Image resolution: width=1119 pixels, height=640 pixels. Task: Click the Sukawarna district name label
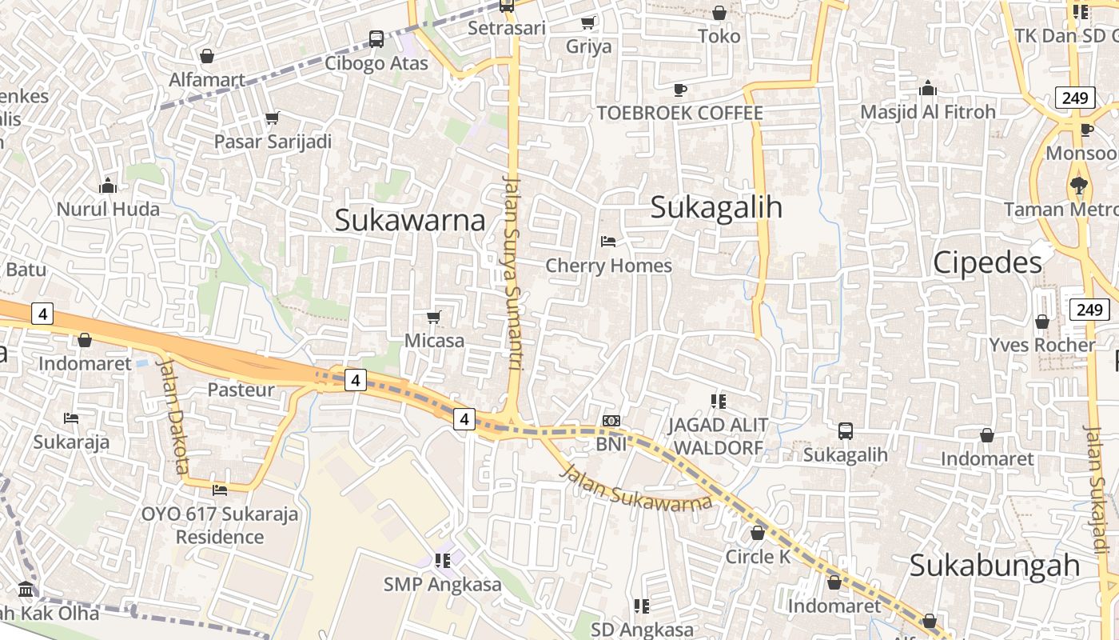click(x=409, y=220)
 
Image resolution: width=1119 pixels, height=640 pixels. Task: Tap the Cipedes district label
click(x=988, y=262)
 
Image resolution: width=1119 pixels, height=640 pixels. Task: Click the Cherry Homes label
click(x=608, y=266)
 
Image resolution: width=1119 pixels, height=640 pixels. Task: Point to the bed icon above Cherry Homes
click(x=608, y=241)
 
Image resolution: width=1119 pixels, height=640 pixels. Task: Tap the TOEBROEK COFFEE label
click(x=680, y=113)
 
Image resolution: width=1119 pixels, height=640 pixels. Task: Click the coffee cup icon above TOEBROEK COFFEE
click(x=680, y=89)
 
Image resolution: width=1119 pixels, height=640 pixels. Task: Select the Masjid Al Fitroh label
click(x=928, y=112)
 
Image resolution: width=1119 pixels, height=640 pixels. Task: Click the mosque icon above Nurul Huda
click(x=108, y=186)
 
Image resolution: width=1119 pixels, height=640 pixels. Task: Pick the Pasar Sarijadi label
click(x=273, y=142)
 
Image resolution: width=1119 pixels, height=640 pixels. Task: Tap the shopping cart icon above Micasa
click(x=434, y=317)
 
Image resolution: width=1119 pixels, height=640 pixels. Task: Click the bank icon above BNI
click(x=611, y=421)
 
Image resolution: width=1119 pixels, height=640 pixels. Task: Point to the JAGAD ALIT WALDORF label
click(x=718, y=436)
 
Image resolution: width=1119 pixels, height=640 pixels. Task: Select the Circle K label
click(x=758, y=557)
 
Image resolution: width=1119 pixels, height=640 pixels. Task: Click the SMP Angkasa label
click(x=443, y=585)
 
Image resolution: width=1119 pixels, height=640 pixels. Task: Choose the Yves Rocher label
click(x=1041, y=345)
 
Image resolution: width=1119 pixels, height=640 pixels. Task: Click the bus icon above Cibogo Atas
click(x=376, y=38)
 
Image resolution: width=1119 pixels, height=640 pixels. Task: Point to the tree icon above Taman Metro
click(x=1079, y=185)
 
